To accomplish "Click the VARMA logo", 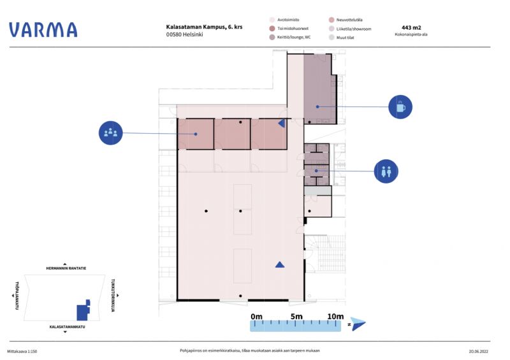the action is click(x=43, y=29).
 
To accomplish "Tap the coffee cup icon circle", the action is click(x=400, y=107).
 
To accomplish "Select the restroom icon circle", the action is click(x=386, y=171).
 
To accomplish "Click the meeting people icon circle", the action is click(x=110, y=133).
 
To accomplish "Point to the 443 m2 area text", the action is click(x=411, y=27).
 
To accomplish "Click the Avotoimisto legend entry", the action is click(x=284, y=20).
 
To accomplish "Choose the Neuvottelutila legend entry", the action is click(x=346, y=20).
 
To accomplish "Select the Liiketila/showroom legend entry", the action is click(x=350, y=29).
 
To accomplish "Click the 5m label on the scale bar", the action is click(x=296, y=316).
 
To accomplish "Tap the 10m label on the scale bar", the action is click(x=335, y=316).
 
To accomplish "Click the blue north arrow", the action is click(x=358, y=324).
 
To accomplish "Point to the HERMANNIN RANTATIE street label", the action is click(x=66, y=268).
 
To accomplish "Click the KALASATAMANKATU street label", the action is click(x=67, y=327).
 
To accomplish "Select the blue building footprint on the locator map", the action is click(x=84, y=310).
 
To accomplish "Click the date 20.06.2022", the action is click(x=479, y=351).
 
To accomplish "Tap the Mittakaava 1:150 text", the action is click(x=22, y=351).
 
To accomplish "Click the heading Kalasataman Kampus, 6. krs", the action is click(x=204, y=27).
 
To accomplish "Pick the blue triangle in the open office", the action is click(x=280, y=264).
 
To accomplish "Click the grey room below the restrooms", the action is click(x=317, y=191).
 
